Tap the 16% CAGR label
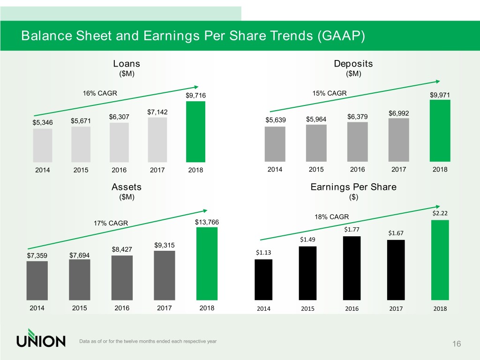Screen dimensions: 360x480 [100, 93]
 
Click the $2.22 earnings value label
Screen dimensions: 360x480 [440, 213]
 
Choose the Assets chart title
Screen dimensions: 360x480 [127, 187]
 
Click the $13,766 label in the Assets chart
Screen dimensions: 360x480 [207, 222]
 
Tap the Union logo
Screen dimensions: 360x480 [41, 341]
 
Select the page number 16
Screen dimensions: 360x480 [457, 345]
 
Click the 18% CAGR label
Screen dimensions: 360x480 [332, 217]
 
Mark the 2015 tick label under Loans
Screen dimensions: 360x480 [81, 170]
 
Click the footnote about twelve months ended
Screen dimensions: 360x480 [148, 341]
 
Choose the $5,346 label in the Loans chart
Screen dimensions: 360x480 [43, 123]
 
